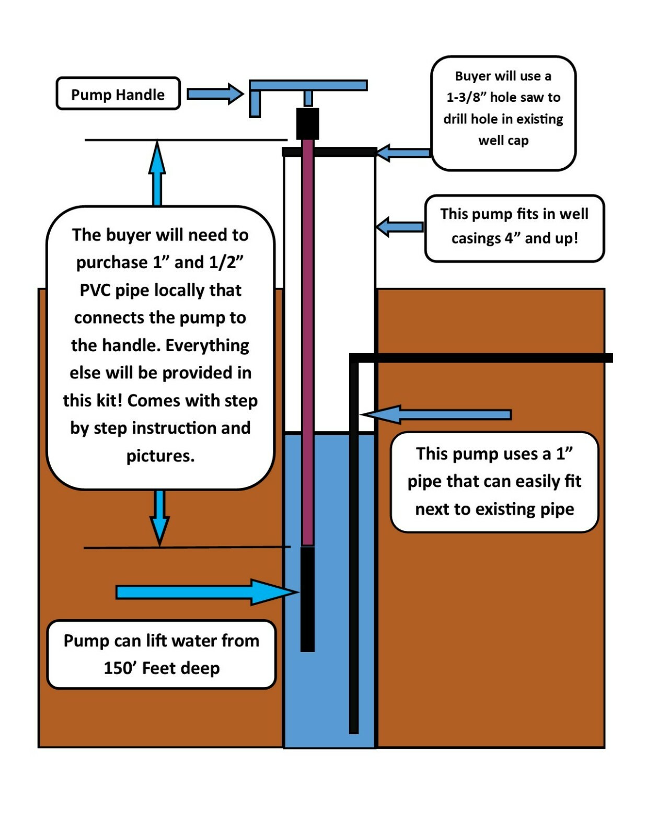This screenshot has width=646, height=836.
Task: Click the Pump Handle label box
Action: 118,94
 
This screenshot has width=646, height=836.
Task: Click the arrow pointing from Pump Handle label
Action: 214,94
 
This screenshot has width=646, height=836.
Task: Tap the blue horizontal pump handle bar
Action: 308,85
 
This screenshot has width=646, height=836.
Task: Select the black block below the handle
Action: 308,123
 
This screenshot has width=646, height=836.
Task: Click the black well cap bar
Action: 329,152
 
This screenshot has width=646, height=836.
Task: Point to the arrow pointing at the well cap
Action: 402,153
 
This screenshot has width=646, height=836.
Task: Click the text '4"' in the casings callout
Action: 512,239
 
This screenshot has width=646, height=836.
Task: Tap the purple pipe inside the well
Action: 308,340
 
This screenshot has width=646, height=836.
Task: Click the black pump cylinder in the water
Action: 308,598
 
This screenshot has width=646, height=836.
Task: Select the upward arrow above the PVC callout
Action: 157,172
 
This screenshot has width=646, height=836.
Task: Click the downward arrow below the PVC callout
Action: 160,517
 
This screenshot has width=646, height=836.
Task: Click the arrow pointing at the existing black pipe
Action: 436,414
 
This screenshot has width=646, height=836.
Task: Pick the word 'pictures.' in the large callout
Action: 160,456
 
